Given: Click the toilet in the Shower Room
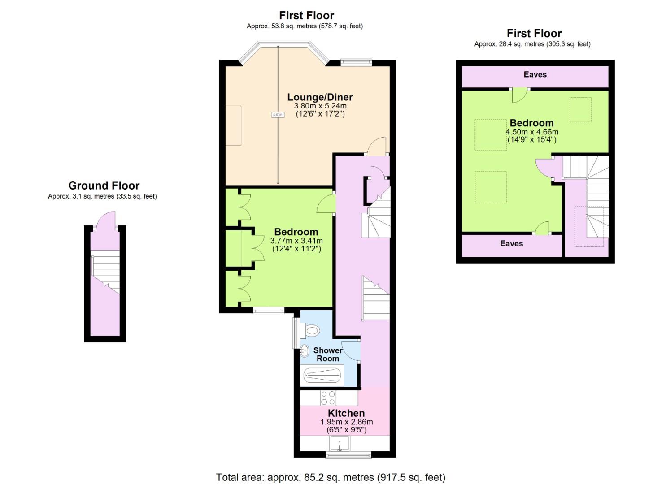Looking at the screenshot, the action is (310, 330).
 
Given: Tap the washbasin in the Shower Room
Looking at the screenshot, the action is (305, 351).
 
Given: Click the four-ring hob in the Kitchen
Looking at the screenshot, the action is (328, 398).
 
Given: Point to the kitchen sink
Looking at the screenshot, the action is (340, 444).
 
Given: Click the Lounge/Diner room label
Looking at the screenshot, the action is (320, 97).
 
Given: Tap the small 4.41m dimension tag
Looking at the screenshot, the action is (278, 115).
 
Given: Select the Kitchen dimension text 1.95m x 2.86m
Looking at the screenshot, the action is (347, 422).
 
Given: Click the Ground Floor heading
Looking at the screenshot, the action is (104, 186).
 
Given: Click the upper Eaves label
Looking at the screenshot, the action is (535, 74).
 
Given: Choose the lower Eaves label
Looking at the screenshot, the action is (511, 244).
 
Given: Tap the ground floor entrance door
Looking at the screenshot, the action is (105, 220).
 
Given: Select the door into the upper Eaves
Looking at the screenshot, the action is (520, 95).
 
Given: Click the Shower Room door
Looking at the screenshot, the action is (351, 351).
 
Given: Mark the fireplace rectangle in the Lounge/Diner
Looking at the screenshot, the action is (233, 125).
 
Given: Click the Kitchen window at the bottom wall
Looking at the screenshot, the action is (348, 455).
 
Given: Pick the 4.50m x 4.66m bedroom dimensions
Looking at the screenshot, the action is (532, 132).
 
